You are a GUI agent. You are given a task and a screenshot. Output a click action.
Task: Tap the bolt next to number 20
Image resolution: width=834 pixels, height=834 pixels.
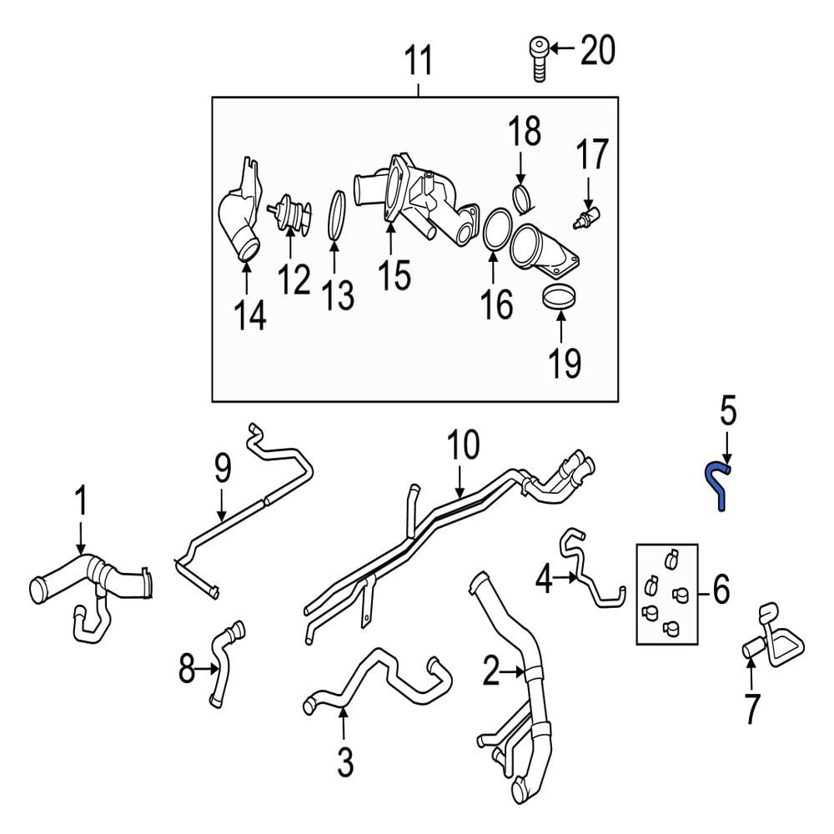(540, 58)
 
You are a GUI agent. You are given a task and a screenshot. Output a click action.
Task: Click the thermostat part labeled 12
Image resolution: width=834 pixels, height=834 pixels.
(289, 214)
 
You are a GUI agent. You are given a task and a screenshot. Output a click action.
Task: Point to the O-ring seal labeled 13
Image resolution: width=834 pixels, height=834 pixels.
(336, 218)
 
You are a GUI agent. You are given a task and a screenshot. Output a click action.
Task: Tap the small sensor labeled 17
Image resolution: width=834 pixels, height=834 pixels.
(586, 218)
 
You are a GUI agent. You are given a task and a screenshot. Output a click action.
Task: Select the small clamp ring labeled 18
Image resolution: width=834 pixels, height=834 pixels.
(524, 198)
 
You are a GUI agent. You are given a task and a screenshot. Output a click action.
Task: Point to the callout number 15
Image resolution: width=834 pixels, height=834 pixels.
(394, 275)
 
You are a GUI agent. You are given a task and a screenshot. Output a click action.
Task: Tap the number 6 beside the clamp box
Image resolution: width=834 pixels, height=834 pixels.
(721, 590)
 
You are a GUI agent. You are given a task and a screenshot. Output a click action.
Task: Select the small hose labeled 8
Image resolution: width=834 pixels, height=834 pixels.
(227, 664)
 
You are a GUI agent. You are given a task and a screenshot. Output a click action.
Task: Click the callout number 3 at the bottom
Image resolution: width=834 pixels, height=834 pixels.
(345, 762)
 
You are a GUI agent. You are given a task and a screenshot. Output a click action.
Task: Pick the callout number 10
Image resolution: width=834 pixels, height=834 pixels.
(463, 445)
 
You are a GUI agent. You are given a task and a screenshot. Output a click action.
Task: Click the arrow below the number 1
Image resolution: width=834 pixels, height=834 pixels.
(81, 538)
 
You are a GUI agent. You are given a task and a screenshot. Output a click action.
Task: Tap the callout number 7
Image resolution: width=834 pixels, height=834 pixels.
(751, 709)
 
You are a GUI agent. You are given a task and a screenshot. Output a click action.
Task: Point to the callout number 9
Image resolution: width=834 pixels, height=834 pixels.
(224, 469)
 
